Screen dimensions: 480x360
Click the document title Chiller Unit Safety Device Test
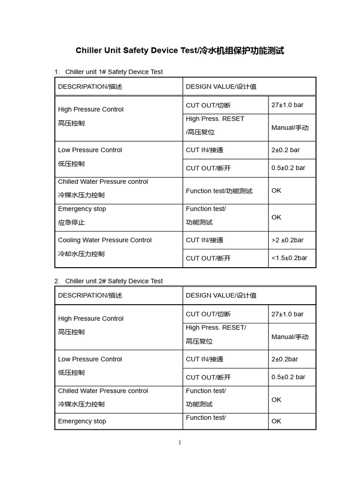click(180, 51)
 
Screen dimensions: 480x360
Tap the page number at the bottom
click(180, 442)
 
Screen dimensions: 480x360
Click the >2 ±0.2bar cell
click(287, 240)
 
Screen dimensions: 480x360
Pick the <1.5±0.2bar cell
click(289, 258)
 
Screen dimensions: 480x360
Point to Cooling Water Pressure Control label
click(105, 240)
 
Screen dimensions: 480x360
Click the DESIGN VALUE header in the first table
click(221, 87)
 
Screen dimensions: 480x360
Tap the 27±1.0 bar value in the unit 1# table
click(287, 105)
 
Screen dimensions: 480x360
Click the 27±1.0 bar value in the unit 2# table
click(287, 314)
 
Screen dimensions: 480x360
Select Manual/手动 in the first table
click(290, 127)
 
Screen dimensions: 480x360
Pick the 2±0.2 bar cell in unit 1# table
click(285, 150)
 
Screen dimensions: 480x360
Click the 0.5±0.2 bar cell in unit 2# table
click(288, 377)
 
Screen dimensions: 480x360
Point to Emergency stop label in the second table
click(82, 421)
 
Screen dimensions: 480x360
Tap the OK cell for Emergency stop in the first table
click(277, 217)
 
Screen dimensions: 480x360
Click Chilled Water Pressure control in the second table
click(103, 391)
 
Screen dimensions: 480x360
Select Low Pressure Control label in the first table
click(90, 150)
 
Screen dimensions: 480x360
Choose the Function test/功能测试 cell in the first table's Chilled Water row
click(219, 191)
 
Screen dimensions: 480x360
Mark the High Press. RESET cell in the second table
click(216, 328)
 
